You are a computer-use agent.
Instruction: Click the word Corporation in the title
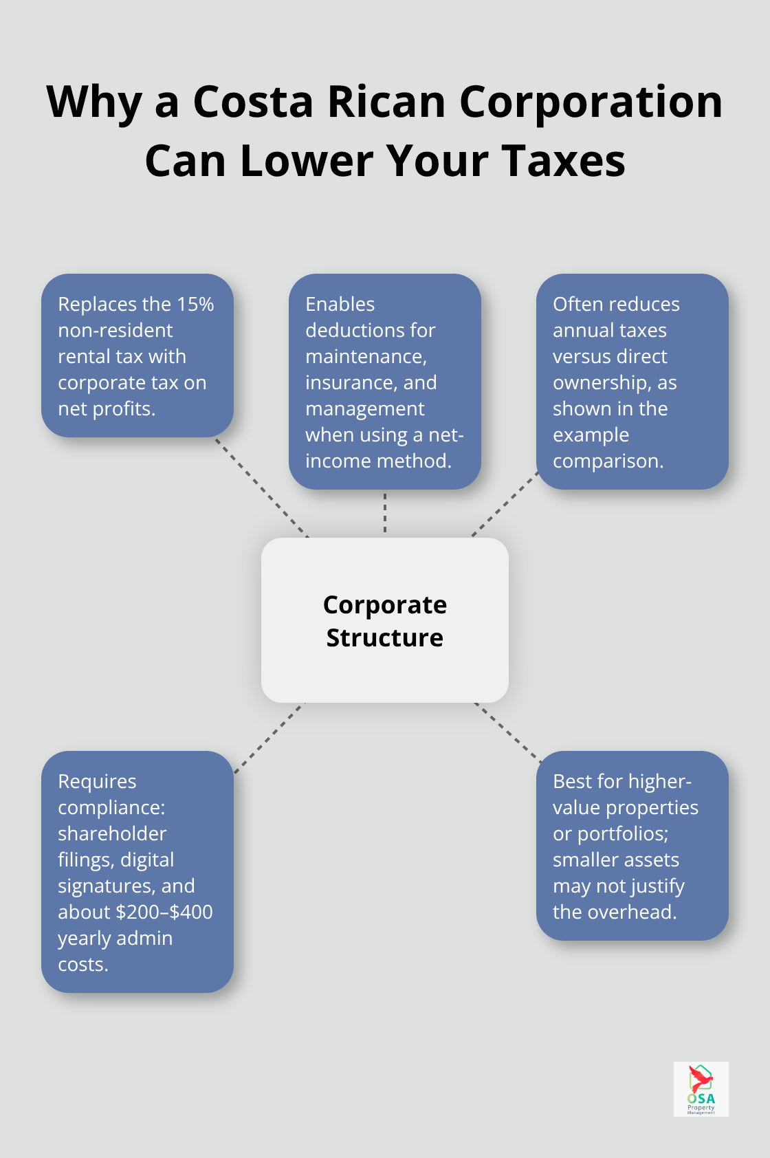591,102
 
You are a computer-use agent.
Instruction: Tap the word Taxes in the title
564,162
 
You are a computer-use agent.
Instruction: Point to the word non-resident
115,330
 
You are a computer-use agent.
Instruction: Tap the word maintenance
365,356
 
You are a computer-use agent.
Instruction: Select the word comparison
608,461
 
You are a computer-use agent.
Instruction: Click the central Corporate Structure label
385,620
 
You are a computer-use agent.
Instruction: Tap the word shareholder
112,833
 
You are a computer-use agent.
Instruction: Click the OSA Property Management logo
701,1089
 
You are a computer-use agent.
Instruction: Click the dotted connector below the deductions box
385,513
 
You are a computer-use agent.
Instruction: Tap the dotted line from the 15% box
261,487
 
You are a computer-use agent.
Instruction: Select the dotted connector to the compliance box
268,738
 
